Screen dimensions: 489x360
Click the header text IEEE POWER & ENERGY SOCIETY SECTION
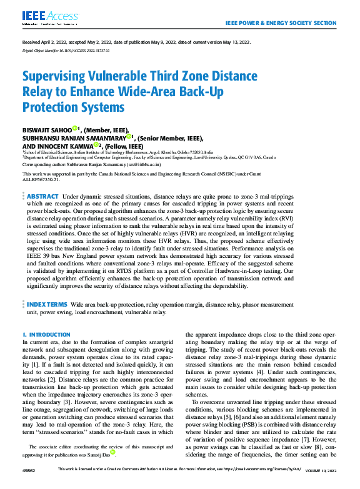pos(280,22)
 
